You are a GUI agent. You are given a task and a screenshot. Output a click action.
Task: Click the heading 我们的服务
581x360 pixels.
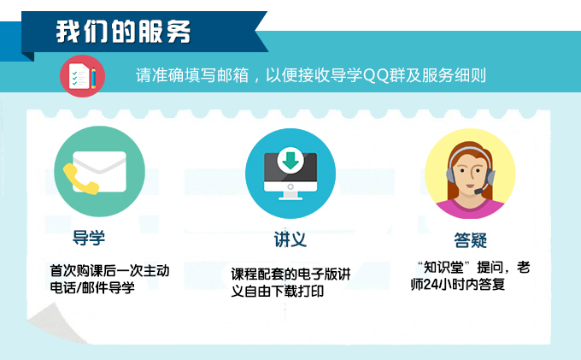[x=123, y=32]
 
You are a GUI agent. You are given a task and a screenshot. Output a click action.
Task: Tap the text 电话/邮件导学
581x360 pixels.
[x=92, y=287]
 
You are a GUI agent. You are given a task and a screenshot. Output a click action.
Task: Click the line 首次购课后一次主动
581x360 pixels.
[x=109, y=271]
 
